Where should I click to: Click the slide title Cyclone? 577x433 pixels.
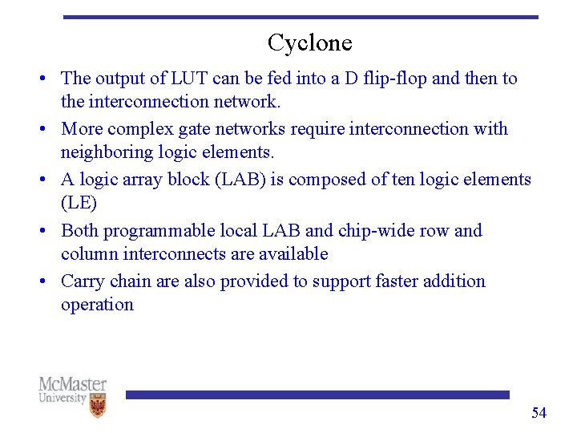pyautogui.click(x=309, y=42)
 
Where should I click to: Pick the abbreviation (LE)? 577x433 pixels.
pyautogui.click(x=79, y=202)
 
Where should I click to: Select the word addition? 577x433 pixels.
pyautogui.click(x=454, y=281)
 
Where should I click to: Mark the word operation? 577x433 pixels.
pyautogui.click(x=97, y=305)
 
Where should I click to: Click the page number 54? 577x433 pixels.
pyautogui.click(x=539, y=413)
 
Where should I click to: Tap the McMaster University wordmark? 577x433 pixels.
pyautogui.click(x=72, y=391)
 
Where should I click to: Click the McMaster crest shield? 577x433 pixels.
pyautogui.click(x=98, y=407)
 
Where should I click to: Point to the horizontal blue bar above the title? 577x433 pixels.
pyautogui.click(x=301, y=17)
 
